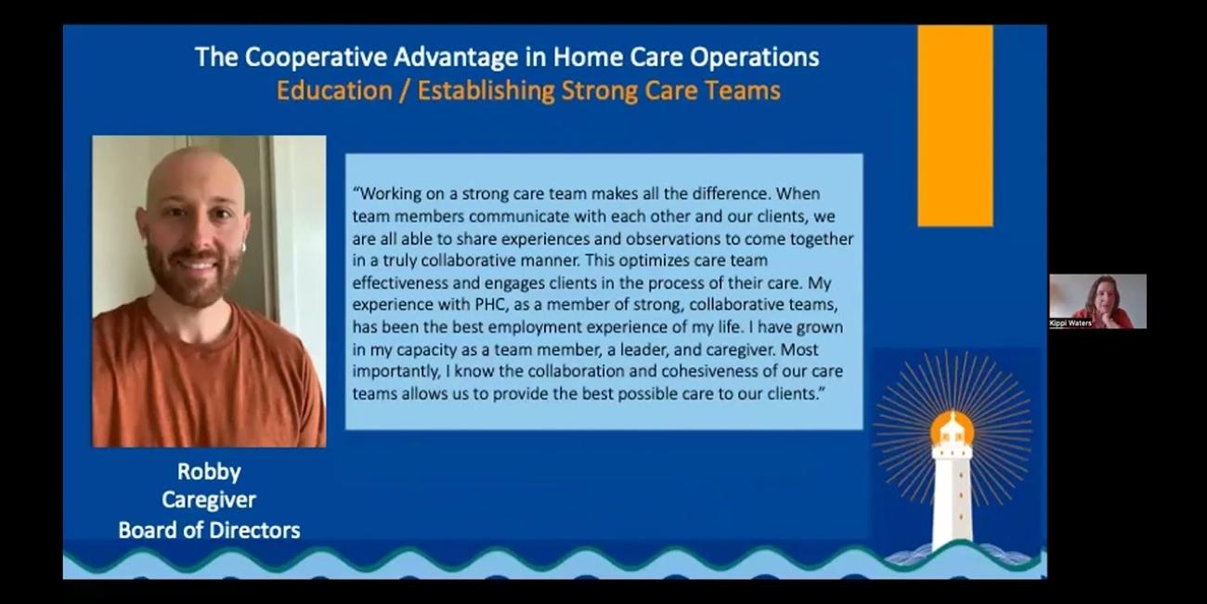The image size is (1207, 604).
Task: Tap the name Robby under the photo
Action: pyautogui.click(x=209, y=471)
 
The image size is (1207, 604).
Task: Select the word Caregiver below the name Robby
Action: pyautogui.click(x=209, y=500)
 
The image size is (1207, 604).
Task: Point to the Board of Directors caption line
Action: pyautogui.click(x=209, y=531)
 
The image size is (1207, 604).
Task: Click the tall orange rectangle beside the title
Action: pyautogui.click(x=954, y=125)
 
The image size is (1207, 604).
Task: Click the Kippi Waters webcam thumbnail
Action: pyautogui.click(x=1097, y=300)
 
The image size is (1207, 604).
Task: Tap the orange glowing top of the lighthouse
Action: pyautogui.click(x=952, y=429)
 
